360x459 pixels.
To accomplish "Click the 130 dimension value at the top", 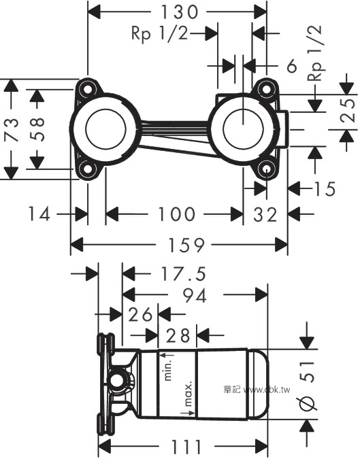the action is tap(179, 12).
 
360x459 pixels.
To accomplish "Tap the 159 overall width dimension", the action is tap(186, 245).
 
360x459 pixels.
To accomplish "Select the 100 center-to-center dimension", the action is tap(176, 214).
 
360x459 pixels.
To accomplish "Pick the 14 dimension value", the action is tap(39, 214).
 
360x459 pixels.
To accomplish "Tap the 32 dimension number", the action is tap(265, 215).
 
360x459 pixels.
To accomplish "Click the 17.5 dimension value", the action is tap(184, 274).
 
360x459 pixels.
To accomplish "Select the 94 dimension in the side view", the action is tap(195, 295).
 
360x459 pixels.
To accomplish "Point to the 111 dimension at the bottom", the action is tap(186, 447).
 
